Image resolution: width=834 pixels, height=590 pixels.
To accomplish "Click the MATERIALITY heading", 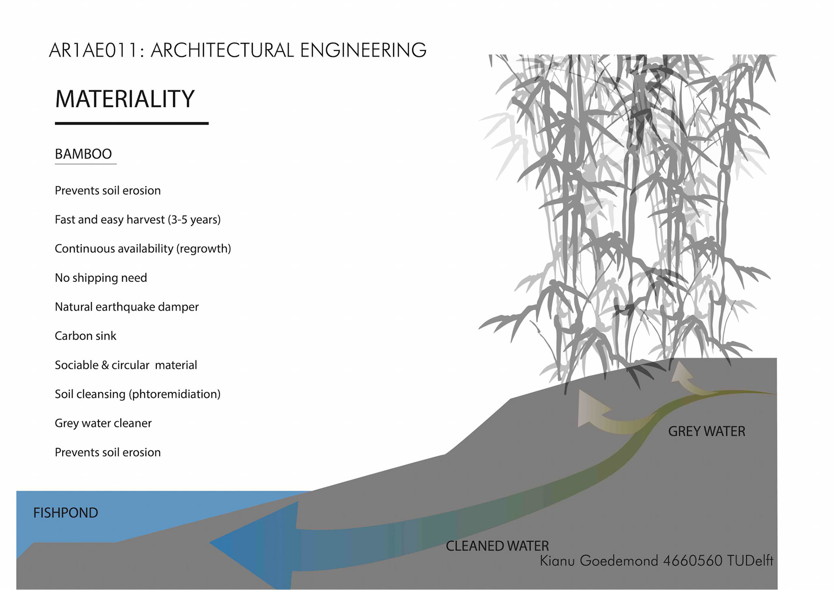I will coord(125,99).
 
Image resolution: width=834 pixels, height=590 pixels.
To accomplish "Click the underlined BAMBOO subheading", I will coord(83,154).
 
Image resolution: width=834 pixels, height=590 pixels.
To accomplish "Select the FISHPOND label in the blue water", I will coord(66,513).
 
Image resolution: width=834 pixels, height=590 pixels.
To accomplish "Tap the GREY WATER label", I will coord(706,431).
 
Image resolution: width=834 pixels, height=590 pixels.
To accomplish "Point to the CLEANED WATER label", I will coord(497,546).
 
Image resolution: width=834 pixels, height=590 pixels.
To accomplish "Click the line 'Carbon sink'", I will coord(86,336).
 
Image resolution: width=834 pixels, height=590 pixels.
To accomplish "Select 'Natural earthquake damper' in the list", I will coord(126,307).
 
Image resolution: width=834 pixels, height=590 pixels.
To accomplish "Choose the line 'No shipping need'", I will coord(101,278).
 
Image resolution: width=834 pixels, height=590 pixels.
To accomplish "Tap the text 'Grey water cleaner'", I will coord(103,423).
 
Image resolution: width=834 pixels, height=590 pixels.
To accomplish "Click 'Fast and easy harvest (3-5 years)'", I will coord(138,219).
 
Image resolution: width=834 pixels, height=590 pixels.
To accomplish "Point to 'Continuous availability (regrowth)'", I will coord(142,249).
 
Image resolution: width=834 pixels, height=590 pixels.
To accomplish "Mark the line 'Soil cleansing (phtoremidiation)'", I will coord(138,394).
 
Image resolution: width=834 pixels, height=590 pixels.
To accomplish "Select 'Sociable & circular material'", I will coord(126,365).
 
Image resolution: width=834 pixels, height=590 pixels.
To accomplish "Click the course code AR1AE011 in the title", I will coord(93,50).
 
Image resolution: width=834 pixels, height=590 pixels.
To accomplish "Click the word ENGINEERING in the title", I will coord(363,50).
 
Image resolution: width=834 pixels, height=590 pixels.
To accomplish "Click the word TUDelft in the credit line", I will coord(750,561).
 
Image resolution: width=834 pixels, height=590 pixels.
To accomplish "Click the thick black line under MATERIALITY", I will coord(132,123).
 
